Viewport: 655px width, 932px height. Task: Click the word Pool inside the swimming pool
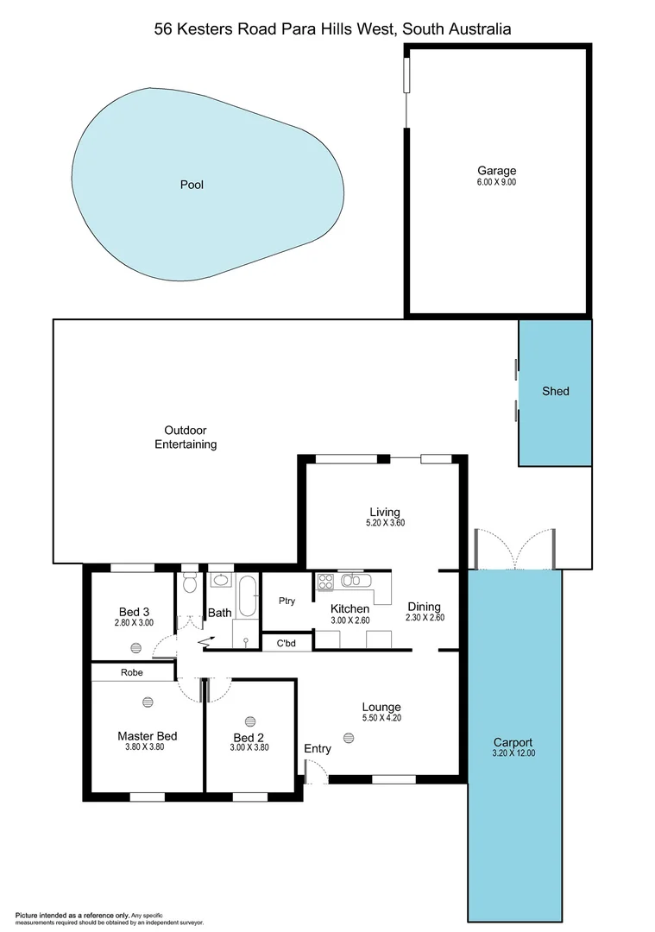pos(192,185)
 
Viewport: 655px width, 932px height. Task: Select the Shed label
pos(555,391)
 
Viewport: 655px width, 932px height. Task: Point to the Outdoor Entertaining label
pos(186,438)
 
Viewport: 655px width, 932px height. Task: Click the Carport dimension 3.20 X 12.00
pos(513,753)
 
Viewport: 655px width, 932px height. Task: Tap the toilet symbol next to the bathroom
pos(189,584)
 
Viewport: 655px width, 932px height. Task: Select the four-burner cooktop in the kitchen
pos(325,582)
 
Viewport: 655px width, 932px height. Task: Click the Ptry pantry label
pos(287,601)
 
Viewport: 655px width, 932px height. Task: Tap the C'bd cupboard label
pos(287,643)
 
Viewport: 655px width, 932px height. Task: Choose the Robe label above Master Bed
pos(131,671)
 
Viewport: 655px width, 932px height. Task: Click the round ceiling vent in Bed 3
pos(136,647)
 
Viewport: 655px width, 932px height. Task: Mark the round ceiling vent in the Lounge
pos(349,737)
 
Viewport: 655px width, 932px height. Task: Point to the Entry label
pos(318,749)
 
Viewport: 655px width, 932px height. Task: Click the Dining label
pos(424,607)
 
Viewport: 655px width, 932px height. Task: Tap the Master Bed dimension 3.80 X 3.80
pos(147,747)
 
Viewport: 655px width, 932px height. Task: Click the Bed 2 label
pos(249,738)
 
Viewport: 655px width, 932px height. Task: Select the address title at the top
pos(332,28)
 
